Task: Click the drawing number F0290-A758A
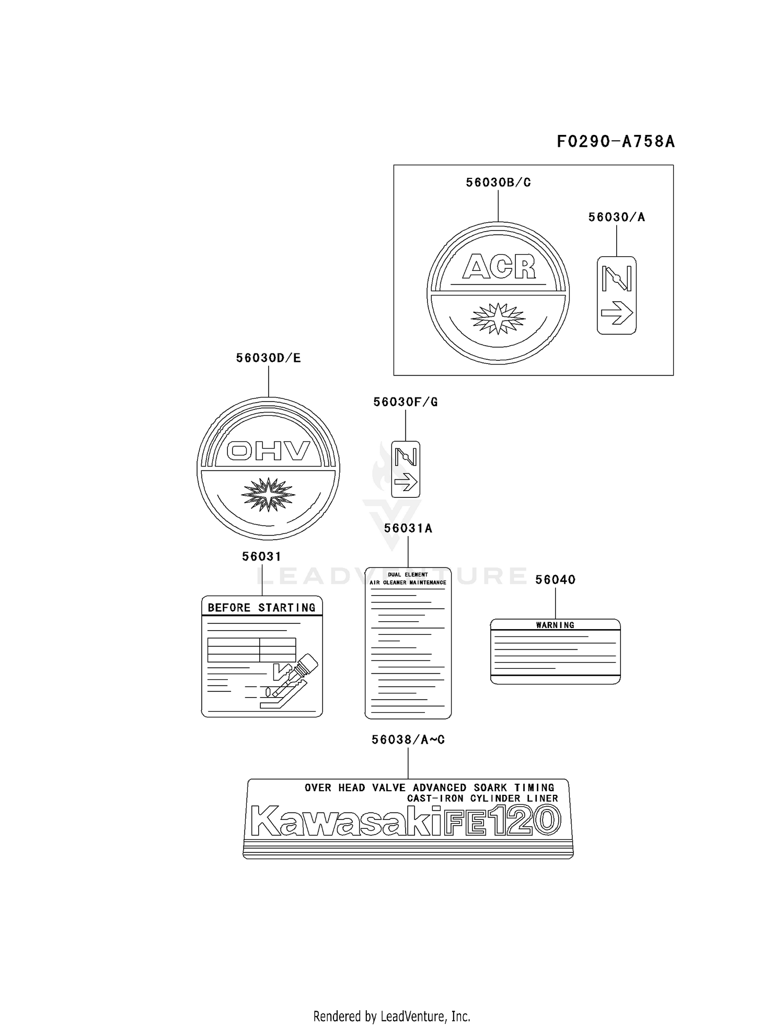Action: (615, 141)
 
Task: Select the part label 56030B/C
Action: (498, 183)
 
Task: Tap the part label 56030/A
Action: (617, 217)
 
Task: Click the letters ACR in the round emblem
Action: (499, 267)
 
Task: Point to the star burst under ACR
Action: (498, 318)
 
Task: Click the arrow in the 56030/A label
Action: (617, 313)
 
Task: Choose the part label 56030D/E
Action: (268, 358)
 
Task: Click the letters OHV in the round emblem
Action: (269, 451)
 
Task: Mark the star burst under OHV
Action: (268, 494)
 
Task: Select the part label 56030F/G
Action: (406, 402)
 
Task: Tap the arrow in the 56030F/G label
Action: (406, 482)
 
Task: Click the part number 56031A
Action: (408, 528)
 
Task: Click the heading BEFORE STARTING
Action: (262, 608)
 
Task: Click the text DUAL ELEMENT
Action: (408, 575)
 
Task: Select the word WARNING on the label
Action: (555, 625)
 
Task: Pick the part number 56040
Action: (555, 579)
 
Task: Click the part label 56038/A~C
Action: (408, 739)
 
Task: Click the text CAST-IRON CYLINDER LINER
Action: (483, 799)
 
